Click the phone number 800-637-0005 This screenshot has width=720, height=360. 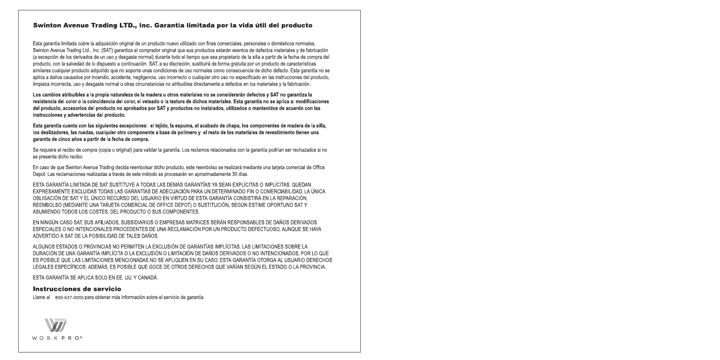69,298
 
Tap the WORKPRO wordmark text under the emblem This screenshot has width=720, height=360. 57,338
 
